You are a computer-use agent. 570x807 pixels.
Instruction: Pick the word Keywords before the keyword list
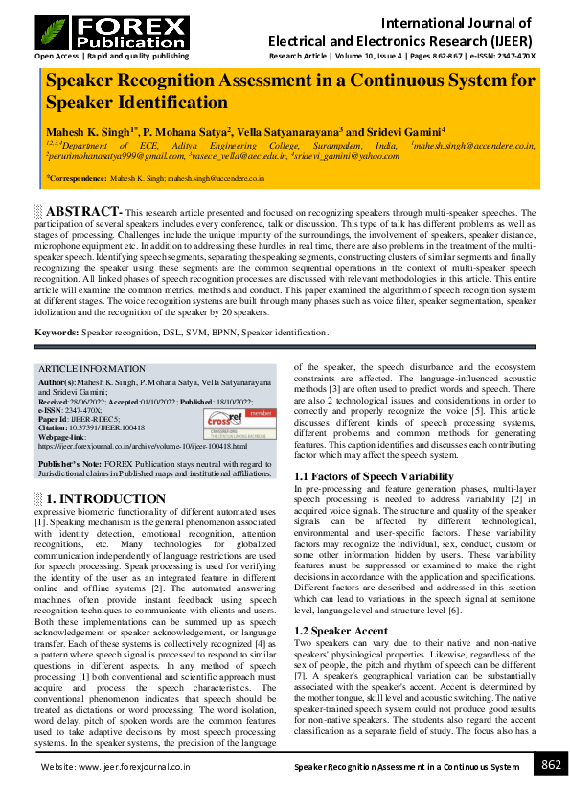pyautogui.click(x=57, y=333)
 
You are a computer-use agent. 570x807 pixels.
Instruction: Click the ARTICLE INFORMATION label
pyautogui.click(x=92, y=369)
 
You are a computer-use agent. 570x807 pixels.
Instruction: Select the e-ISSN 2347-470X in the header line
pyautogui.click(x=512, y=56)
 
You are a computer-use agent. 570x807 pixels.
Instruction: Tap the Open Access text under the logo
pyautogui.click(x=55, y=56)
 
